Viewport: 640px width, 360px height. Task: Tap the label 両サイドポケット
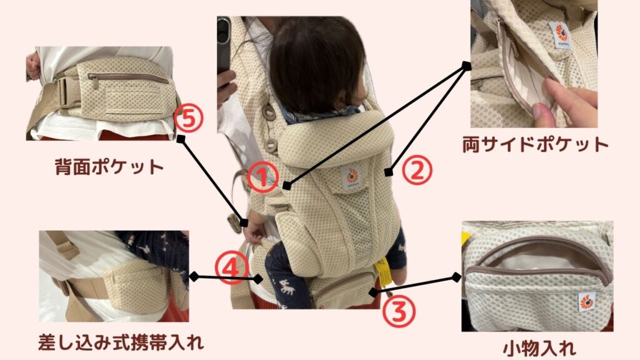pyautogui.click(x=535, y=144)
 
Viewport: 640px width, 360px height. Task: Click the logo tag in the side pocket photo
pyautogui.click(x=561, y=35)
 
